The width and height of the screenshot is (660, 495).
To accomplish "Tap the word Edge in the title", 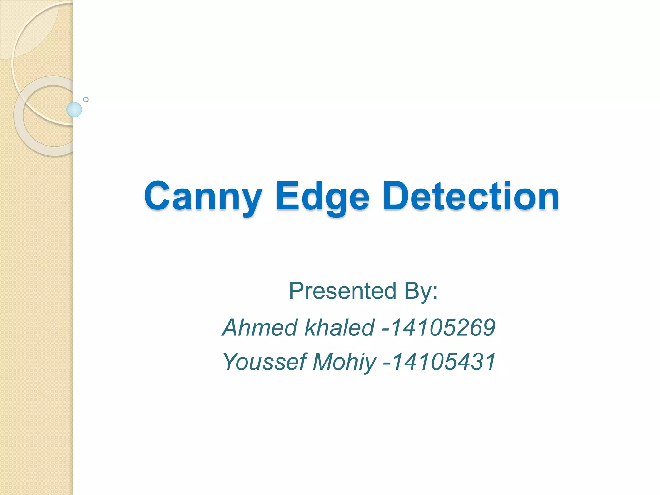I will click(322, 197).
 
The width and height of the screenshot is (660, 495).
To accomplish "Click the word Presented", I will click(342, 291).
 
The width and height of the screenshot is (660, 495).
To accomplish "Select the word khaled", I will click(340, 327).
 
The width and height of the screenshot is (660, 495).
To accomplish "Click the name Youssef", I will click(264, 362).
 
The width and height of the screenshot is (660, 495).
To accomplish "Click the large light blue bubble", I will click(74, 110).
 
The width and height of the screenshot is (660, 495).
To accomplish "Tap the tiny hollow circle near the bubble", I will click(86, 99).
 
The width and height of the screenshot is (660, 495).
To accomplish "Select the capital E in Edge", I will click(286, 196).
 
